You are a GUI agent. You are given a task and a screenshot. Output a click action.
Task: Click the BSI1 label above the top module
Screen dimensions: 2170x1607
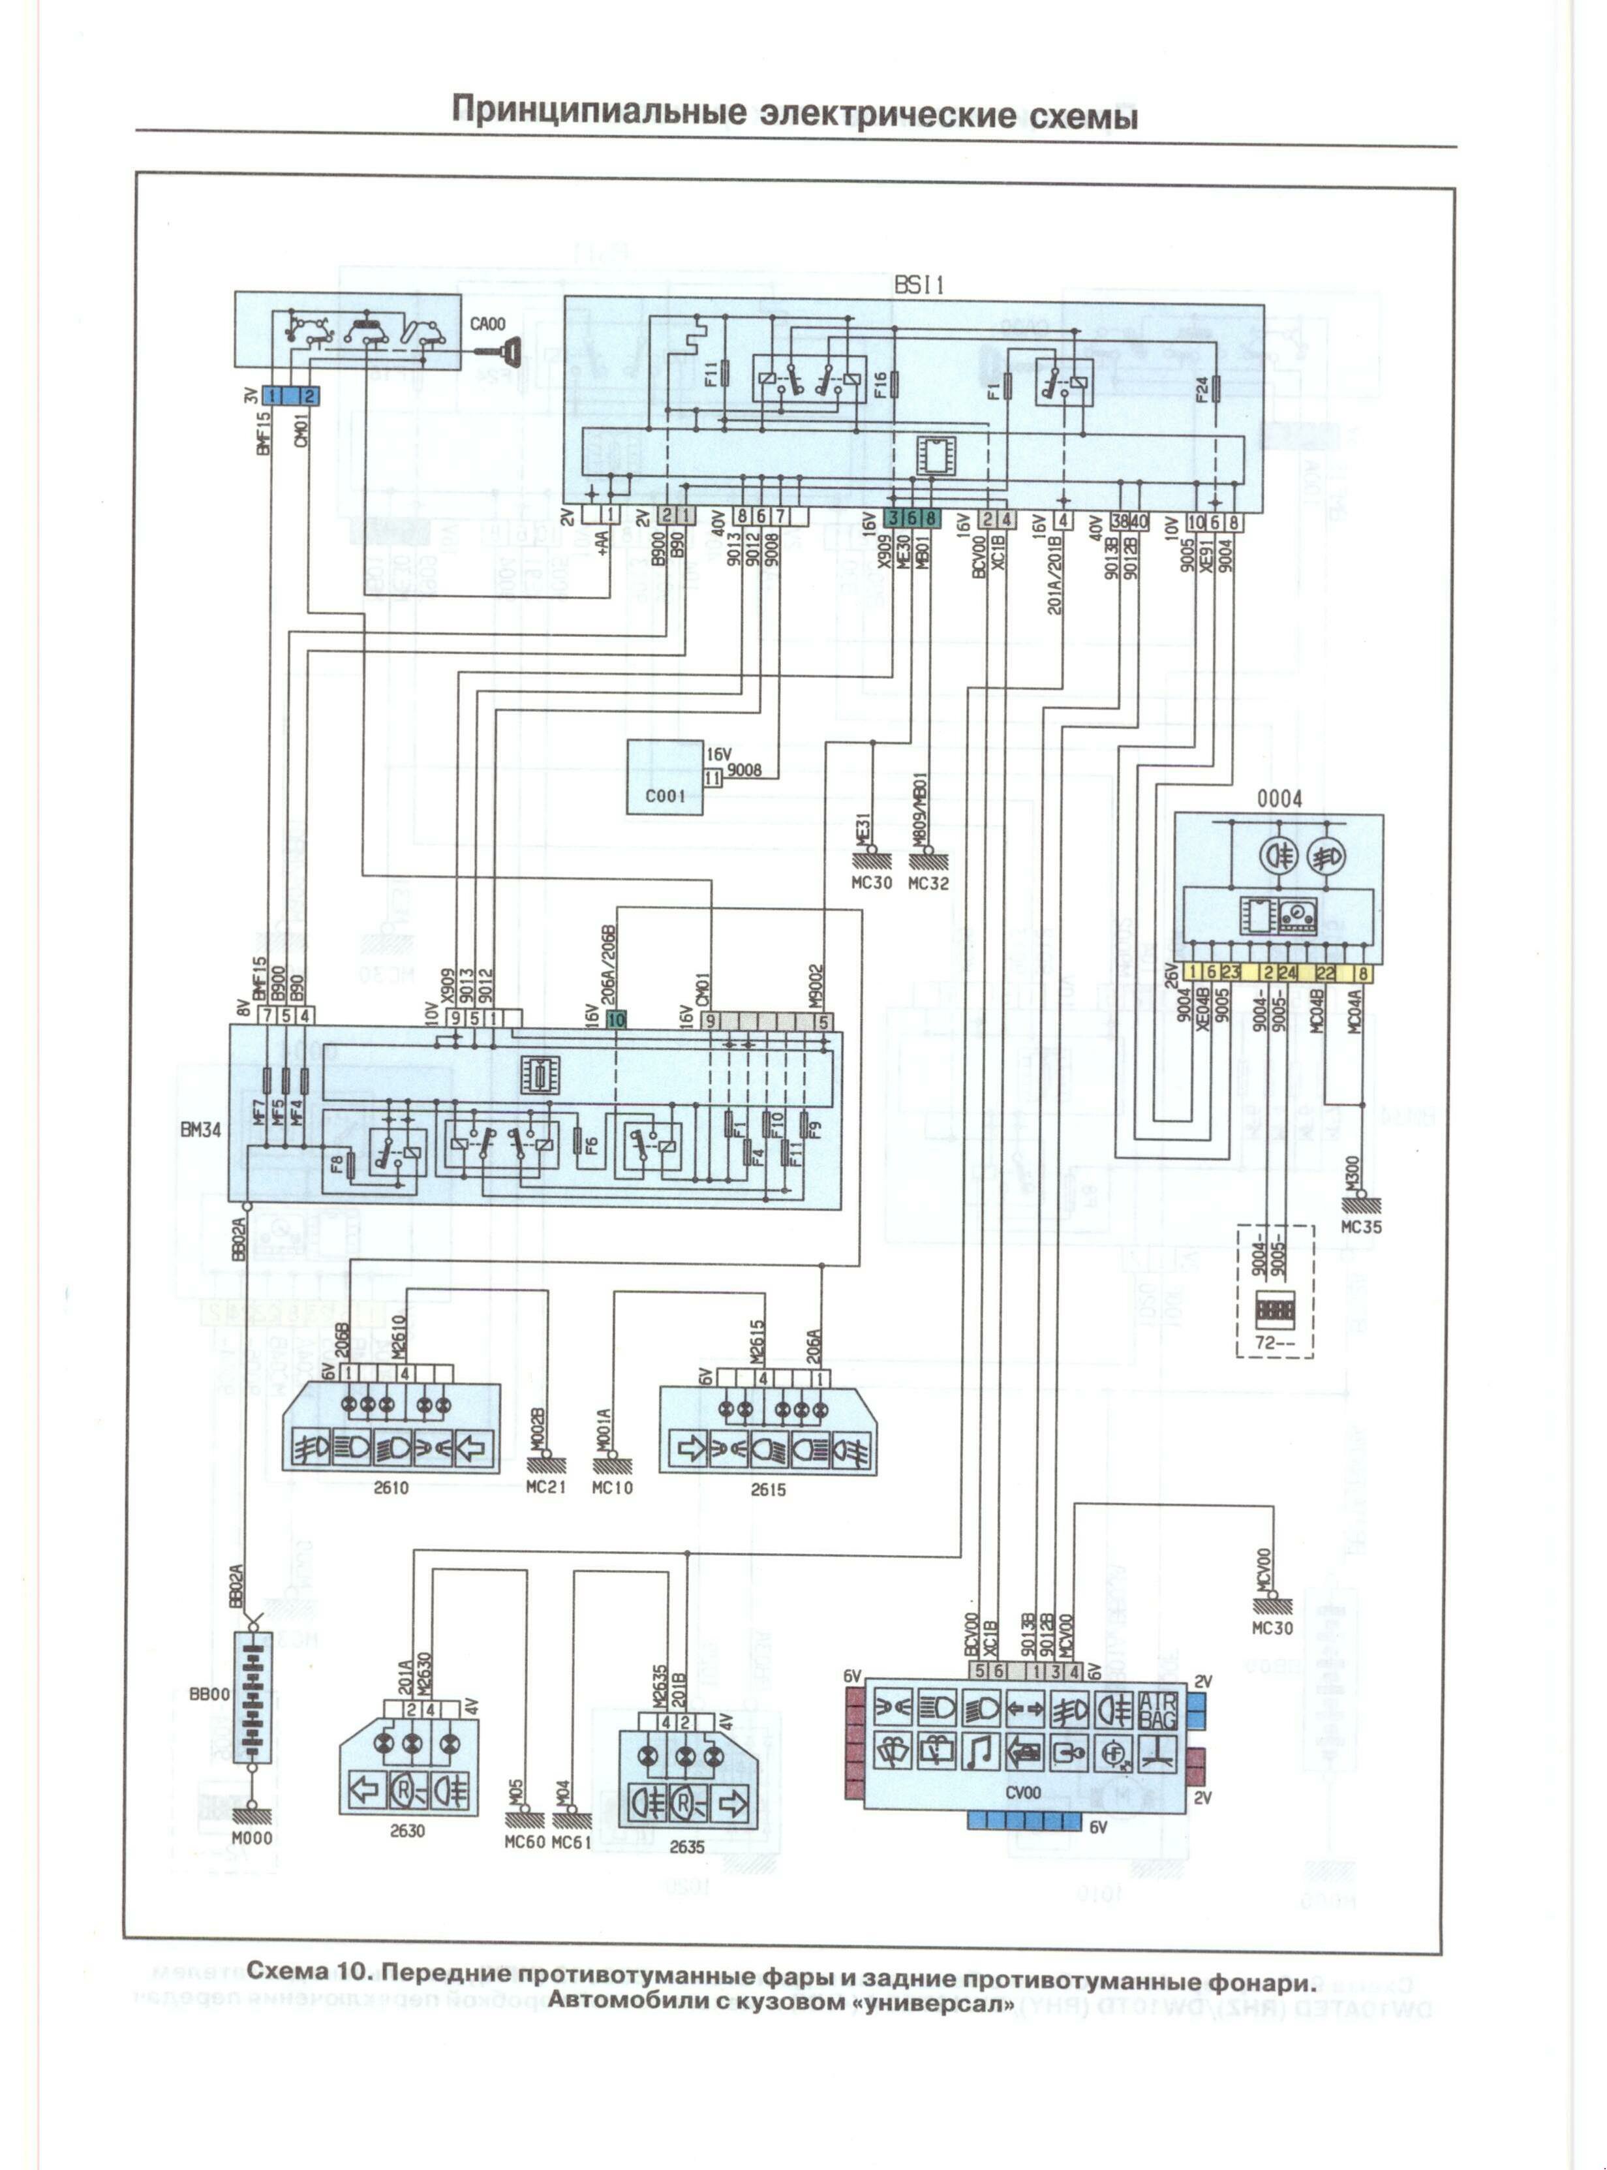(919, 285)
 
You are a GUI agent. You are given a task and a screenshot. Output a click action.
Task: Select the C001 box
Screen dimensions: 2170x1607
(664, 777)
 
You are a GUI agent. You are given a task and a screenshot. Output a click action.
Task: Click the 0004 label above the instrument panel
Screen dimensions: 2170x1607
(1279, 799)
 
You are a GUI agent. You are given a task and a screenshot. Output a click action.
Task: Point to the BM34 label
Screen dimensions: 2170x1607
(200, 1131)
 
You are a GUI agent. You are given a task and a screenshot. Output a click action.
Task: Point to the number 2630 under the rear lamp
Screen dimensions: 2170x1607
(408, 1831)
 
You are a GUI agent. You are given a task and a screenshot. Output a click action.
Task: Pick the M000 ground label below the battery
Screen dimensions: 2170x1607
(252, 1838)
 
